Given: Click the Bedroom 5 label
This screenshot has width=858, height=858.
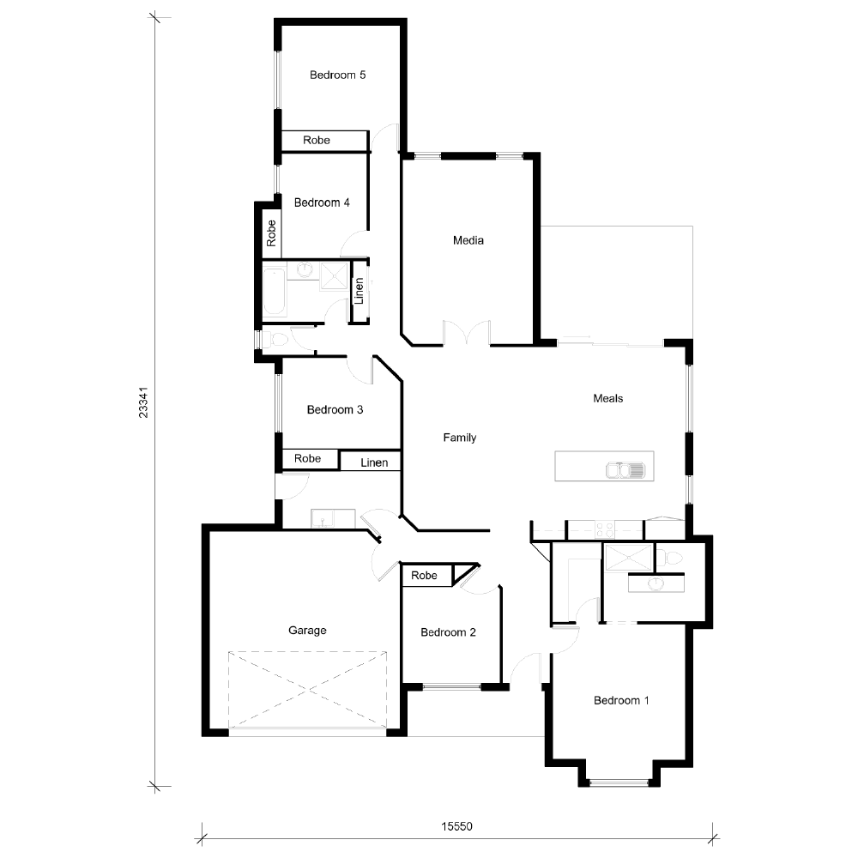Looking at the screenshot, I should point(337,76).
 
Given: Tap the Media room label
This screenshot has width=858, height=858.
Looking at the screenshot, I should point(468,240).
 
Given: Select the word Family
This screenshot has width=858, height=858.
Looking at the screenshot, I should point(459,438).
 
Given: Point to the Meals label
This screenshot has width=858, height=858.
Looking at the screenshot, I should point(607,398).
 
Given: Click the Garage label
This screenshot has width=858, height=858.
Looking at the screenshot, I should point(307,631).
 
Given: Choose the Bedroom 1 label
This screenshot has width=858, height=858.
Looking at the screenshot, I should point(621,701).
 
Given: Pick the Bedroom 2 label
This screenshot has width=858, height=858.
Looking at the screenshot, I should point(448,633).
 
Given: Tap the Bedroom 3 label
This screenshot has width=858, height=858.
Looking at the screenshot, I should point(335,410).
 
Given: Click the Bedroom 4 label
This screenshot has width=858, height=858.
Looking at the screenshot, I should point(322,203).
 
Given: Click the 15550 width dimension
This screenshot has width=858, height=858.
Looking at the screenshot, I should point(457,827).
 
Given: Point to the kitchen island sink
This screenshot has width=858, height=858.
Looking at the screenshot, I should point(625,469).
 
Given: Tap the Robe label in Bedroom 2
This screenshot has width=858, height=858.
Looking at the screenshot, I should point(424,576).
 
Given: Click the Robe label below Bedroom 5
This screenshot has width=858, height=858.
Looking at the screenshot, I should point(317,140).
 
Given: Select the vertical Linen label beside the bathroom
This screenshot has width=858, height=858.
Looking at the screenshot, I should point(360,292).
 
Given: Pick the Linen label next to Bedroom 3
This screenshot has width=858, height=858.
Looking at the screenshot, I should point(374,463).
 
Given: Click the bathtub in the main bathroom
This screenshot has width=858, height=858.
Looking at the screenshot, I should point(275,292).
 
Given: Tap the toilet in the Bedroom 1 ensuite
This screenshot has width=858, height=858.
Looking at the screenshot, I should point(674,559).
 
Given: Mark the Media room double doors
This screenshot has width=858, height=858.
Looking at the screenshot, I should point(467,335).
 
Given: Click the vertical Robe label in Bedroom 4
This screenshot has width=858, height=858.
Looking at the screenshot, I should point(271,233).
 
